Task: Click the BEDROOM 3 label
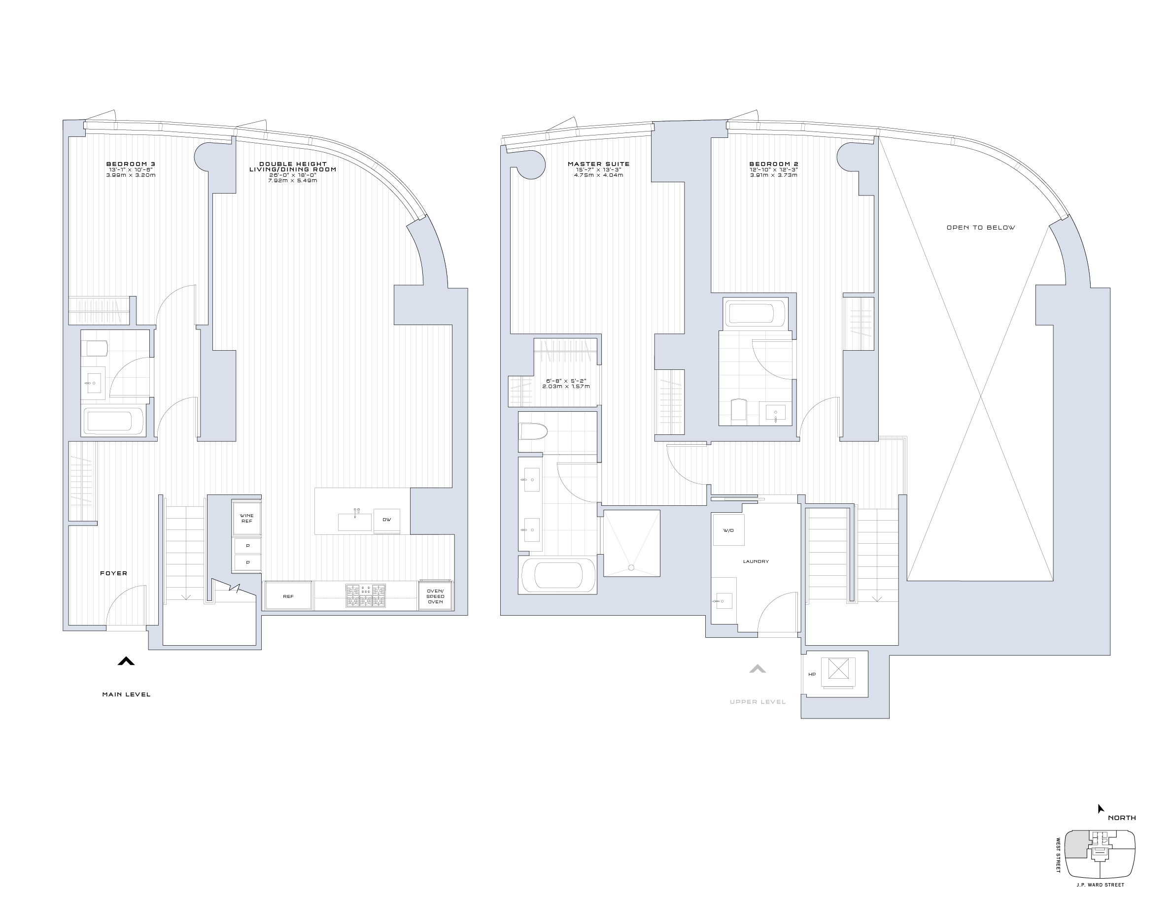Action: point(131,164)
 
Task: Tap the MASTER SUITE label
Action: point(598,164)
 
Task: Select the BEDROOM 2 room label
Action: point(773,164)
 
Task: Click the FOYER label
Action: point(113,573)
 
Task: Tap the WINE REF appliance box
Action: point(247,518)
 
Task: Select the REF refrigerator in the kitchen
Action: point(288,596)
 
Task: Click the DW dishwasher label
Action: point(387,520)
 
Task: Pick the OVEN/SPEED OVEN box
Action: point(435,596)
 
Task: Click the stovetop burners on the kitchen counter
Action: point(366,595)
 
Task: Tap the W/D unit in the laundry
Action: point(728,530)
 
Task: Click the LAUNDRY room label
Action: point(756,561)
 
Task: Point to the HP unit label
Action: point(812,674)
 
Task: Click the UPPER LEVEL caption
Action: point(758,702)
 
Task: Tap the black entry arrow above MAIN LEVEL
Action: point(126,661)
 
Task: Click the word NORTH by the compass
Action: point(1122,818)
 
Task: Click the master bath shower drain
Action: point(631,567)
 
